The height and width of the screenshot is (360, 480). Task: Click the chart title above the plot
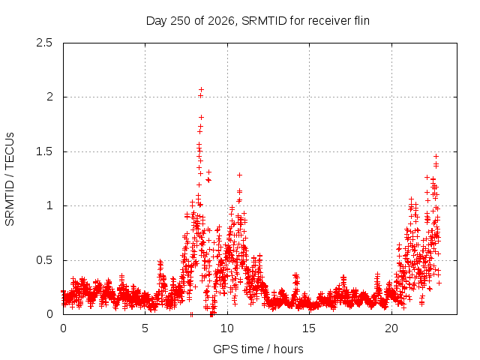(x=258, y=21)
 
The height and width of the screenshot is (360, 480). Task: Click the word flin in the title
(x=361, y=21)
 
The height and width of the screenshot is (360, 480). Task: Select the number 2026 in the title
(x=222, y=21)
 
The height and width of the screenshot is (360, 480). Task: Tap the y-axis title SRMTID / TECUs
(x=10, y=179)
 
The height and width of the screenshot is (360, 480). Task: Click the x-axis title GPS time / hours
(x=258, y=349)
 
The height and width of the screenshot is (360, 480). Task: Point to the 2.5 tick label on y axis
(x=44, y=43)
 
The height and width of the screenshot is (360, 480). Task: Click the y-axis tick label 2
(x=49, y=97)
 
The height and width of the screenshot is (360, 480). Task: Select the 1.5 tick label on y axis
(x=44, y=151)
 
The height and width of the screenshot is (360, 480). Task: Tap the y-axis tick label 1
(x=50, y=205)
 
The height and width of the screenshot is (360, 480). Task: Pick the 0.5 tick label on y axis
(x=44, y=260)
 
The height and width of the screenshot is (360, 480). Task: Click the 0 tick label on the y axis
(x=49, y=314)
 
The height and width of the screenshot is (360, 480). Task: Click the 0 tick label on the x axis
(x=63, y=328)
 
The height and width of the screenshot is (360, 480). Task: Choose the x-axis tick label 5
(x=145, y=328)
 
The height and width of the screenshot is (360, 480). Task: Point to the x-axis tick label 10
(x=227, y=328)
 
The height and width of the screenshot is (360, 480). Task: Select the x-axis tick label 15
(x=309, y=328)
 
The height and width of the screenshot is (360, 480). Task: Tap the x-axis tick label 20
(x=391, y=328)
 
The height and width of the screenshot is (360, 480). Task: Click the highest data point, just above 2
(x=201, y=90)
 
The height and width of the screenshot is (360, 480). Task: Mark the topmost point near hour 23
(x=436, y=157)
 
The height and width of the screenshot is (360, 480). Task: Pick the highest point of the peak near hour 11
(x=240, y=175)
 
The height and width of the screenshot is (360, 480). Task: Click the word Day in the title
(x=157, y=21)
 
